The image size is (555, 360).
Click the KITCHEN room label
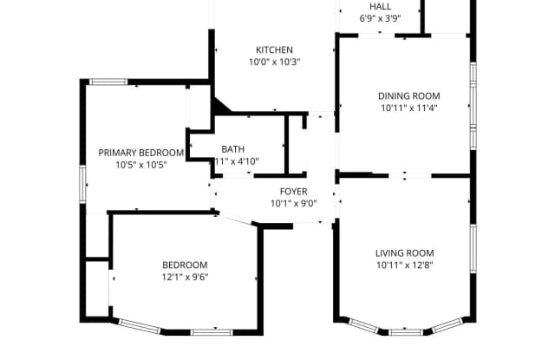(273, 49)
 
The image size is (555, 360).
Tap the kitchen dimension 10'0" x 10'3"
(273, 62)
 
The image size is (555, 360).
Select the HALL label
(380, 6)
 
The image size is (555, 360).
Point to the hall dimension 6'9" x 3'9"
(380, 17)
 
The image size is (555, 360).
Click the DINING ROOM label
(408, 96)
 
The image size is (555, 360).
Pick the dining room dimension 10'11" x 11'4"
(408, 108)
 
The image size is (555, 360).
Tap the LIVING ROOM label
(404, 253)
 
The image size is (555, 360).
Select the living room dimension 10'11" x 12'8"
(404, 265)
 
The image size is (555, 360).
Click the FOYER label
(293, 192)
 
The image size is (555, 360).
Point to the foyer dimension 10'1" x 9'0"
(293, 204)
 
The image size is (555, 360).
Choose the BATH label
(233, 149)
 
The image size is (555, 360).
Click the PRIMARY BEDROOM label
(140, 152)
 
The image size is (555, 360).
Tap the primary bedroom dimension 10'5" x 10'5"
(140, 164)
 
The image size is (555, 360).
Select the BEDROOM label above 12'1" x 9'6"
(185, 265)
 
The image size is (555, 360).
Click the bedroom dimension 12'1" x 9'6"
(185, 277)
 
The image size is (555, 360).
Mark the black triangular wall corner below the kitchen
(220, 107)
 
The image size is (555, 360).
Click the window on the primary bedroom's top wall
(109, 82)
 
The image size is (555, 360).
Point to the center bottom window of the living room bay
(405, 331)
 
